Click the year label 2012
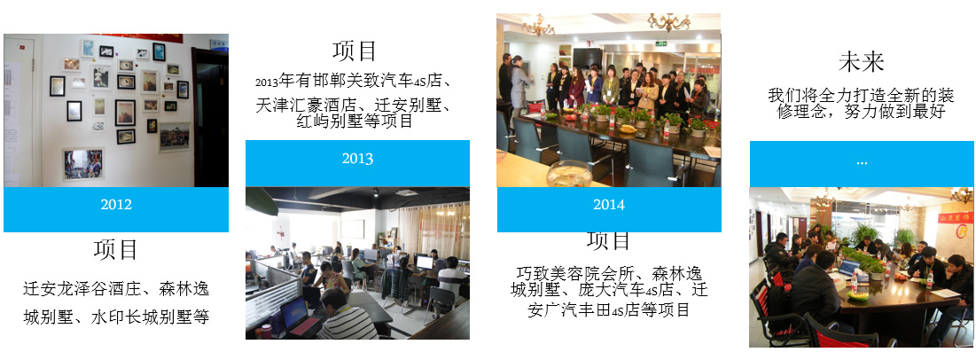pyautogui.click(x=116, y=205)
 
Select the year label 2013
pyautogui.click(x=357, y=159)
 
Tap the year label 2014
pyautogui.click(x=609, y=205)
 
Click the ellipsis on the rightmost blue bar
pyautogui.click(x=862, y=162)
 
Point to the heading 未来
pyautogui.click(x=861, y=62)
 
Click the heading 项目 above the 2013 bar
pyautogui.click(x=355, y=51)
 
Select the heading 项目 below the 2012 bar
pyautogui.click(x=116, y=250)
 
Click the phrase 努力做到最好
pyautogui.click(x=902, y=112)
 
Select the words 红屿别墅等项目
pyautogui.click(x=355, y=121)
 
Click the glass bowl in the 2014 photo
pyautogui.click(x=569, y=174)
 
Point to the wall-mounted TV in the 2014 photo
pyautogui.click(x=587, y=58)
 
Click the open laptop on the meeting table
pyautogui.click(x=847, y=269)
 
